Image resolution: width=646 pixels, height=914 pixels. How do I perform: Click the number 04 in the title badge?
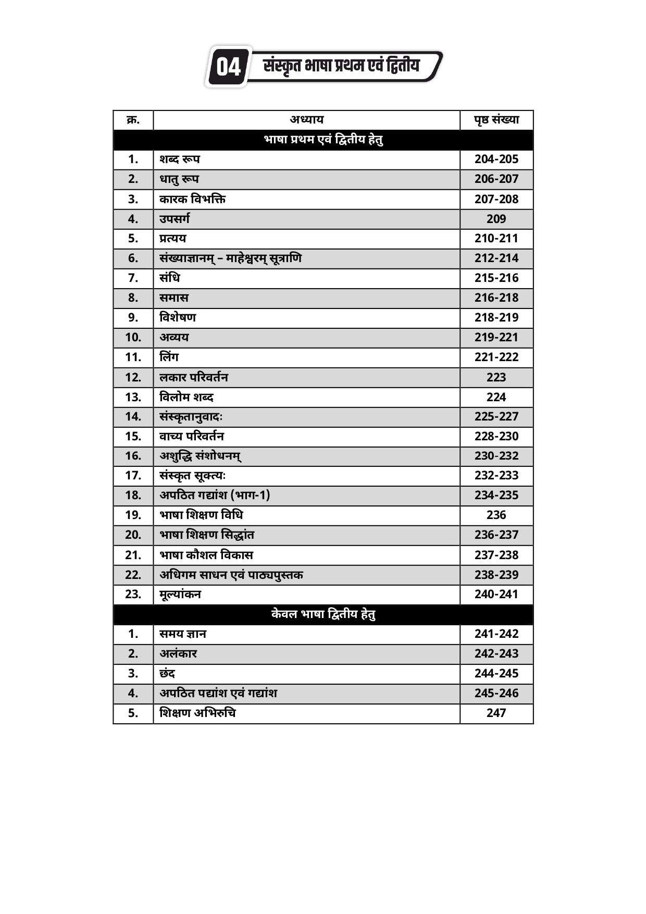[228, 67]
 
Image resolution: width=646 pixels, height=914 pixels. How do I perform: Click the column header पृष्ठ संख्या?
[496, 120]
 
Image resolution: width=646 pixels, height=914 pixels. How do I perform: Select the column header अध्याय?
[306, 120]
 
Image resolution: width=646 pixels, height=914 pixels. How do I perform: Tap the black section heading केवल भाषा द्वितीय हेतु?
[323, 614]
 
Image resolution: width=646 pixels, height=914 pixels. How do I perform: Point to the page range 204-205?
[496, 159]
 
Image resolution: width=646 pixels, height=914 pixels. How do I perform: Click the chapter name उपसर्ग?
[175, 219]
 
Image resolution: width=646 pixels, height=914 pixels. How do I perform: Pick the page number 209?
[496, 219]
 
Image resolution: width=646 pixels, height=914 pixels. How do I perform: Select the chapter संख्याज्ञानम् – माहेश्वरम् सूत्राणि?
[230, 258]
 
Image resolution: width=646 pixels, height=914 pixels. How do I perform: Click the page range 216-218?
[496, 298]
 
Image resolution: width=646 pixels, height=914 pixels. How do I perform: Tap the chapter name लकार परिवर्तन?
[194, 377]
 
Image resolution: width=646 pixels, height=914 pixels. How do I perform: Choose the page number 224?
[496, 397]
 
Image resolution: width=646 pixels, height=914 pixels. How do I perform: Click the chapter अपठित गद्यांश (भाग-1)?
[215, 495]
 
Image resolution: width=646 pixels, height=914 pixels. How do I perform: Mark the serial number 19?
[133, 515]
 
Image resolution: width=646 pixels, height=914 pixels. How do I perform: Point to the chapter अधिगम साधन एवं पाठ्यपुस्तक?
[231, 575]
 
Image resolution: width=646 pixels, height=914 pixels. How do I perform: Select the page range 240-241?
[496, 594]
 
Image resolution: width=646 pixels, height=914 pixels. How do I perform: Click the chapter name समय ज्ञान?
[183, 634]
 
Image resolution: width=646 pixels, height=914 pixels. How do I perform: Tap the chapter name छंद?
[167, 674]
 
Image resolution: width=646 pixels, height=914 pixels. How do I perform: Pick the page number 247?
[496, 713]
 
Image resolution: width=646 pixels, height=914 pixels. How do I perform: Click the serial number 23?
[133, 594]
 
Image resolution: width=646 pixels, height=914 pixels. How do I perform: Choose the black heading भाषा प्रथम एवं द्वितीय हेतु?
[323, 140]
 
